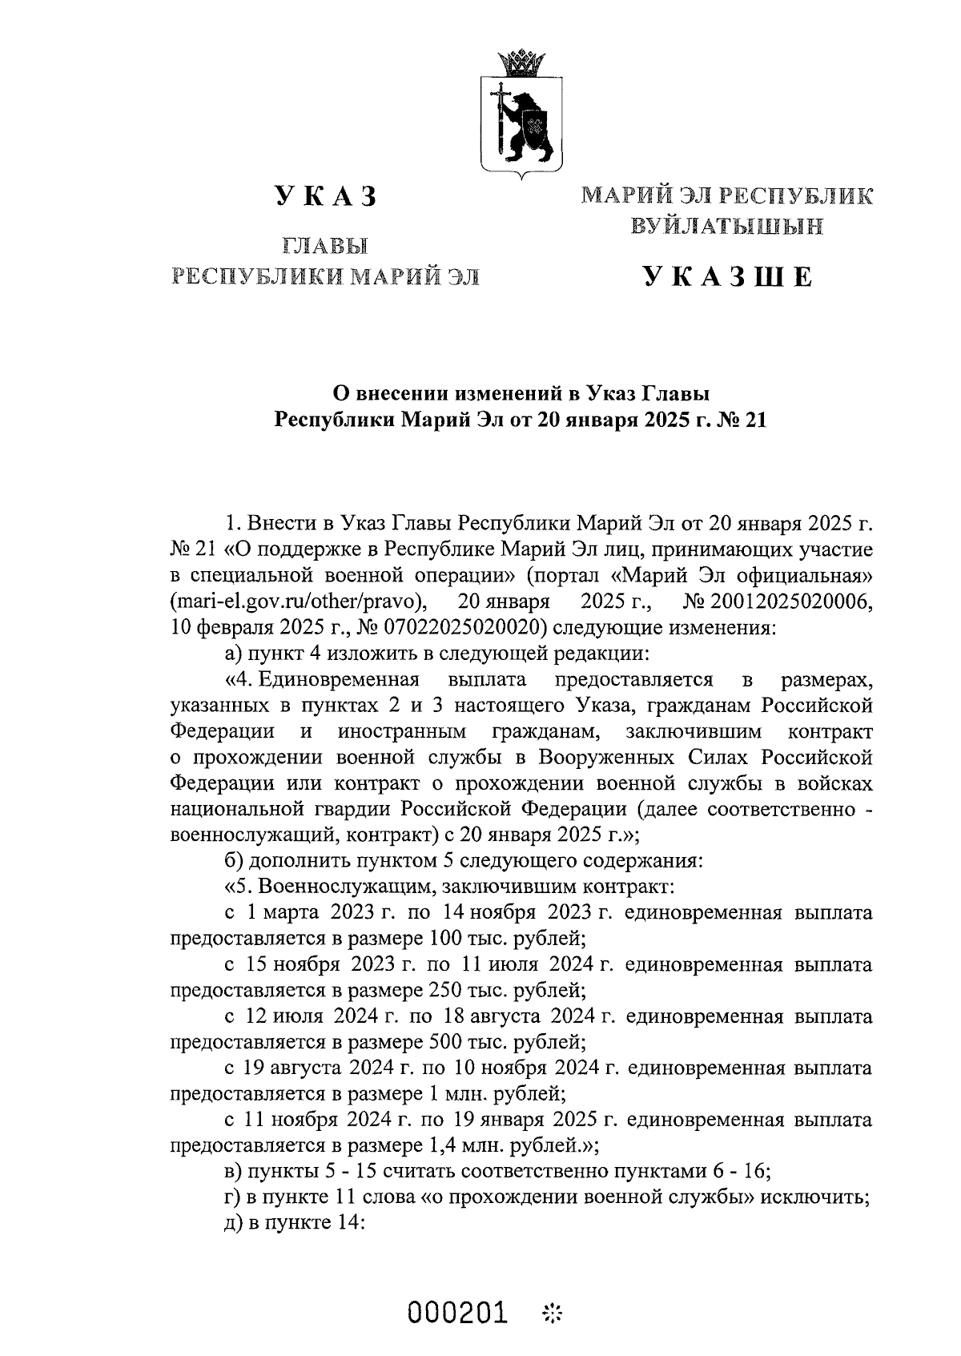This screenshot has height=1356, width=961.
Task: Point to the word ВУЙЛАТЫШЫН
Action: [726, 227]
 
